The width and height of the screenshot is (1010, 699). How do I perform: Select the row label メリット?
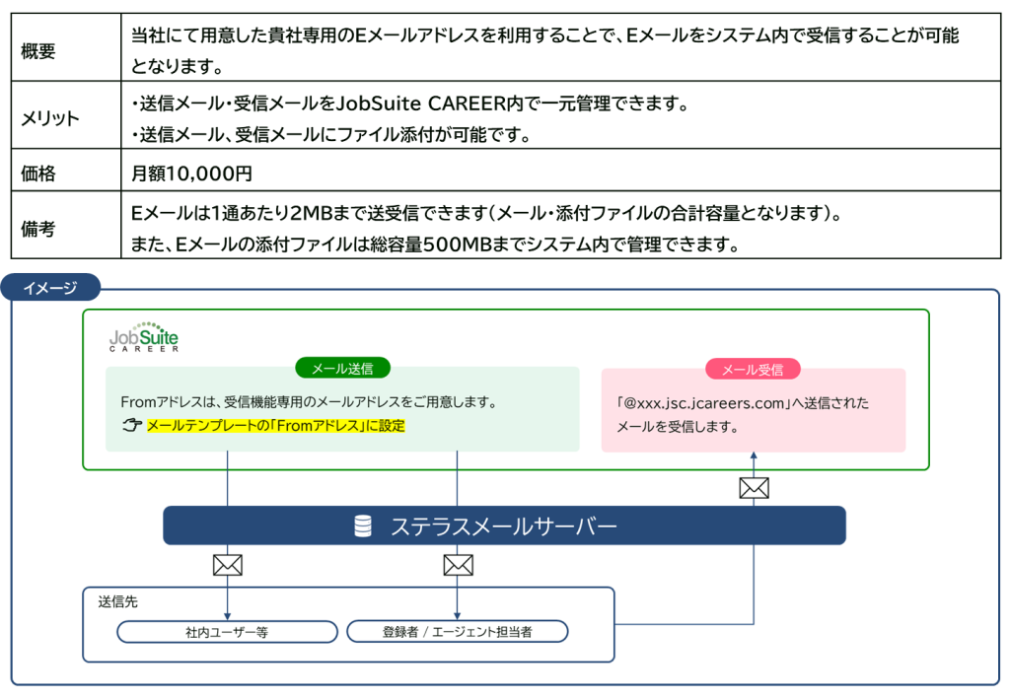coord(50,118)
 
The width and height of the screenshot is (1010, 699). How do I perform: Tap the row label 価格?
coord(38,174)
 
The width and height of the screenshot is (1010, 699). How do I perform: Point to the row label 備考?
coord(38,229)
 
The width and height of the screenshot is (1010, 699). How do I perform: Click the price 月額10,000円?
coord(191,174)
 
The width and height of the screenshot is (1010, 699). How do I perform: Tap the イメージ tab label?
coord(49,288)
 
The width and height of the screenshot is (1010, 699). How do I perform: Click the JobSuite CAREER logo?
coord(144,337)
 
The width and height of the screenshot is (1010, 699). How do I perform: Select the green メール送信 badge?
coord(342,369)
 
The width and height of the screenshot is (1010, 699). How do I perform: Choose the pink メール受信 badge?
coord(753,370)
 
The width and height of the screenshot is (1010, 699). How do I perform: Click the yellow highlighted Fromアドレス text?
coord(276,426)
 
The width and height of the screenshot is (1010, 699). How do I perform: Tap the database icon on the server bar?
coord(363,526)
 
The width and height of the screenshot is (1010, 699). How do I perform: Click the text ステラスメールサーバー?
coord(503,526)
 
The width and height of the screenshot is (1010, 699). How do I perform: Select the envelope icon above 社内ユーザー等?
coord(228,565)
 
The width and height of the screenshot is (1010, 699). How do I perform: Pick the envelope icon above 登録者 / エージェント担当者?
coord(458,565)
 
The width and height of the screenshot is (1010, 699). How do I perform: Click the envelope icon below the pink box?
coord(754,487)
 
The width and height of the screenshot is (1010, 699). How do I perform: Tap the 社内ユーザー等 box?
coord(227,632)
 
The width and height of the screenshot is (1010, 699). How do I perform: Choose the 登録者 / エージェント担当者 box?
coord(458,632)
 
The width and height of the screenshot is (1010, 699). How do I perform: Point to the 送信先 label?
coord(117,601)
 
